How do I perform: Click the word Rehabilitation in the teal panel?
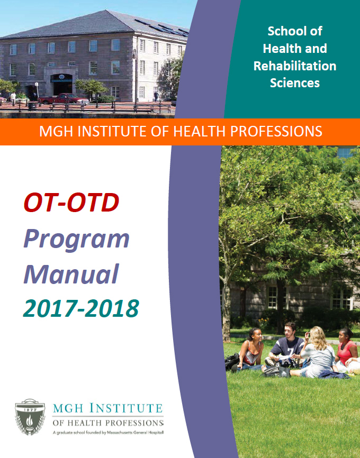[295, 66]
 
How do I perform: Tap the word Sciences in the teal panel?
[295, 83]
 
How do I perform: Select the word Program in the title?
[77, 239]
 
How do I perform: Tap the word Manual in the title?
[71, 273]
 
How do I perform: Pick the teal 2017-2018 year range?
[81, 308]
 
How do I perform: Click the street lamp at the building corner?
[134, 74]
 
